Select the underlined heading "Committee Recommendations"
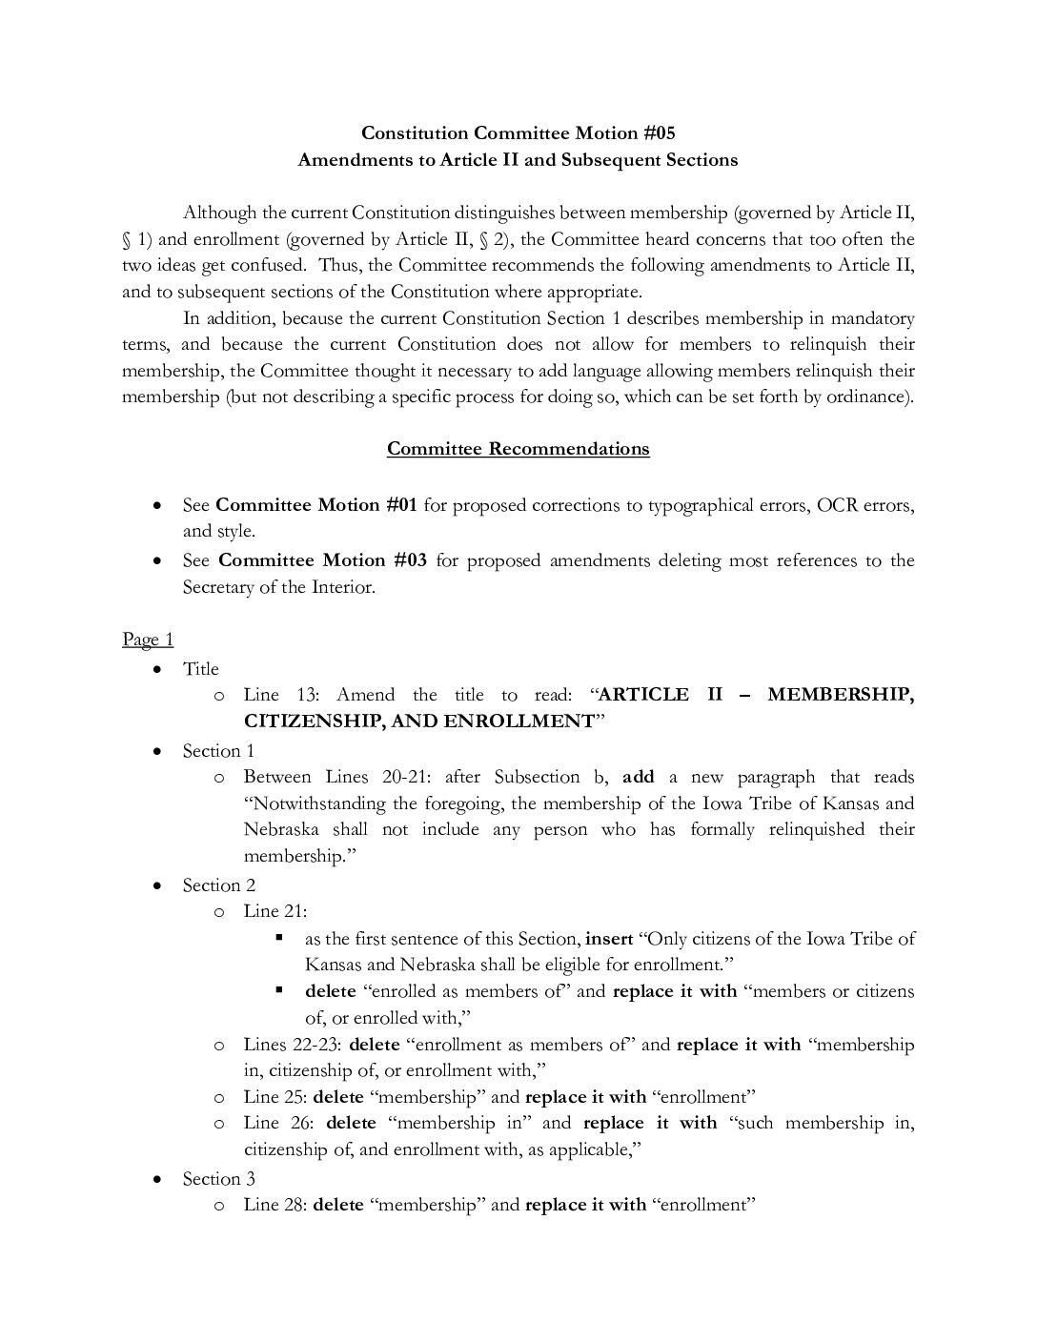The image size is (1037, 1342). pyautogui.click(x=518, y=449)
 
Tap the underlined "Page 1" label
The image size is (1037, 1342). pyautogui.click(x=148, y=640)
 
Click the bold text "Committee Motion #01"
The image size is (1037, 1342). pyautogui.click(x=316, y=505)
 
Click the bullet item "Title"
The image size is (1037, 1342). pyautogui.click(x=201, y=669)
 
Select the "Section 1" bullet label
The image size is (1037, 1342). pyautogui.click(x=218, y=751)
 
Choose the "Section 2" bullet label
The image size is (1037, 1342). pyautogui.click(x=218, y=885)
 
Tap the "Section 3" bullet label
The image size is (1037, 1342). pyautogui.click(x=218, y=1179)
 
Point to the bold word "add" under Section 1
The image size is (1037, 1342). pyautogui.click(x=639, y=778)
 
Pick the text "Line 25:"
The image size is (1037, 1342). pyautogui.click(x=274, y=1097)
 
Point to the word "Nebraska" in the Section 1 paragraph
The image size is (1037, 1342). pyautogui.click(x=281, y=830)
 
